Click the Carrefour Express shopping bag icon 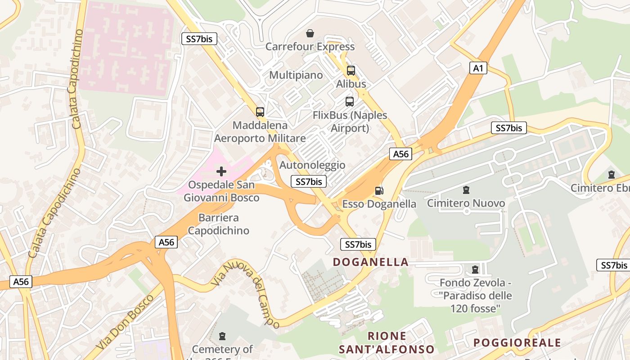[310, 33]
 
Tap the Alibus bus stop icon [351, 71]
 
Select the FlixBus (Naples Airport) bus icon [350, 102]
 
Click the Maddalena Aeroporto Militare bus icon [260, 112]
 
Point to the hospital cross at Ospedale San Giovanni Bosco [221, 171]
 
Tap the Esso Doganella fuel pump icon [379, 191]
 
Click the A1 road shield [478, 68]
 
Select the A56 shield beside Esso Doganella [400, 154]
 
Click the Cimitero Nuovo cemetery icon [466, 190]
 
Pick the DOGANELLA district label [371, 262]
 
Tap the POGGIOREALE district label [517, 343]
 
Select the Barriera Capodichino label [218, 224]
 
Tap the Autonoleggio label [312, 165]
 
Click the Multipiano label [296, 75]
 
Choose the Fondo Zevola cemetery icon [475, 270]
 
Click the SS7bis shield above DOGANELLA [358, 244]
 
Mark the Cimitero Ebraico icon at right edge [611, 174]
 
